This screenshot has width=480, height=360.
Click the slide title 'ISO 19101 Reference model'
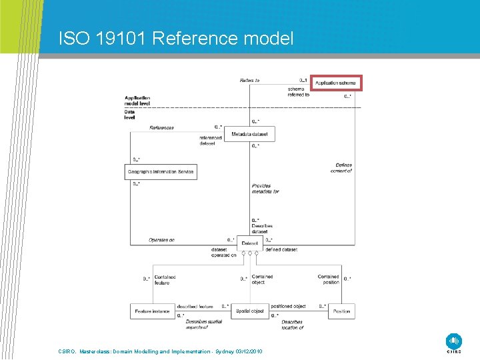click(x=175, y=39)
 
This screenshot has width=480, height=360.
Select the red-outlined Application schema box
click(x=337, y=83)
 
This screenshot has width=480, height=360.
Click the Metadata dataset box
click(x=250, y=135)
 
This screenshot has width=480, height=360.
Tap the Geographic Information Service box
click(x=161, y=172)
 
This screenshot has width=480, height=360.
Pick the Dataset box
click(x=250, y=243)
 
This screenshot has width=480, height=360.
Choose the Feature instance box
click(x=152, y=311)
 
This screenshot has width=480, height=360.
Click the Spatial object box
click(x=250, y=311)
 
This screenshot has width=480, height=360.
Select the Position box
click(x=341, y=311)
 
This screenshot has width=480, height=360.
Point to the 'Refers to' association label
click(x=249, y=81)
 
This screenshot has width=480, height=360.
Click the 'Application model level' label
click(x=137, y=101)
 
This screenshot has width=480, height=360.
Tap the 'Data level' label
click(x=129, y=115)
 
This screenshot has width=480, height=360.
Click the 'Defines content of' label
click(x=341, y=168)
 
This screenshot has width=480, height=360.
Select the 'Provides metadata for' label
click(x=265, y=189)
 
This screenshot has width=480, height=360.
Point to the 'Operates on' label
click(x=161, y=240)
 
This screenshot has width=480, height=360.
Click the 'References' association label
click(x=161, y=128)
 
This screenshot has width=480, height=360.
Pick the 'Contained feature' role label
click(x=164, y=279)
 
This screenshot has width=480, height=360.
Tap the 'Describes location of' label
click(x=292, y=325)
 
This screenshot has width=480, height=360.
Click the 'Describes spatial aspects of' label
click(x=204, y=325)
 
